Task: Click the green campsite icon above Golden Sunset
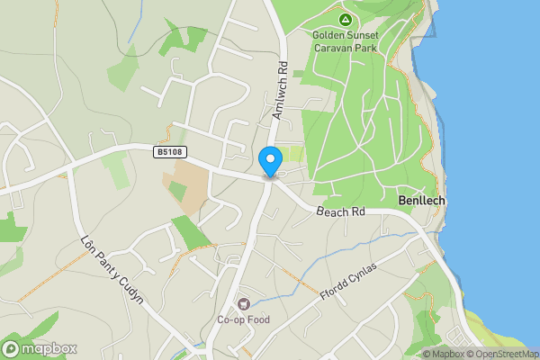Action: [344, 19]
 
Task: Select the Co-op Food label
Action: [242, 319]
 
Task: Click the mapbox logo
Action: [39, 348]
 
